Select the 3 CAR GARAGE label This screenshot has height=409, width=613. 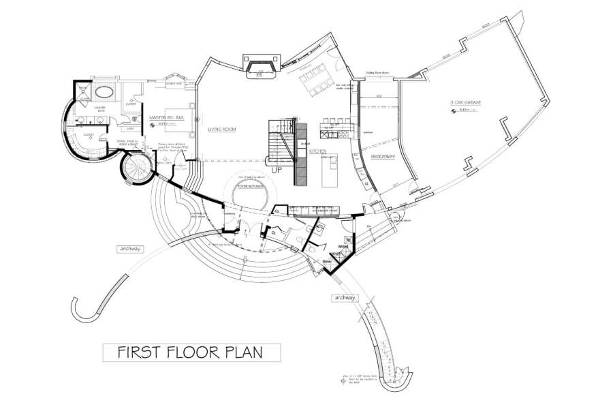pyautogui.click(x=465, y=102)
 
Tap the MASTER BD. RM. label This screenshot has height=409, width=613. pyautogui.click(x=164, y=118)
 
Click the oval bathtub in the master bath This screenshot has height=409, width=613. pyautogui.click(x=104, y=93)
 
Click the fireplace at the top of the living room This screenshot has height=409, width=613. pyautogui.click(x=260, y=69)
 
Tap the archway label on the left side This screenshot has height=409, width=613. pyautogui.click(x=129, y=249)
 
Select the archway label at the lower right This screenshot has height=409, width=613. pyautogui.click(x=345, y=298)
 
